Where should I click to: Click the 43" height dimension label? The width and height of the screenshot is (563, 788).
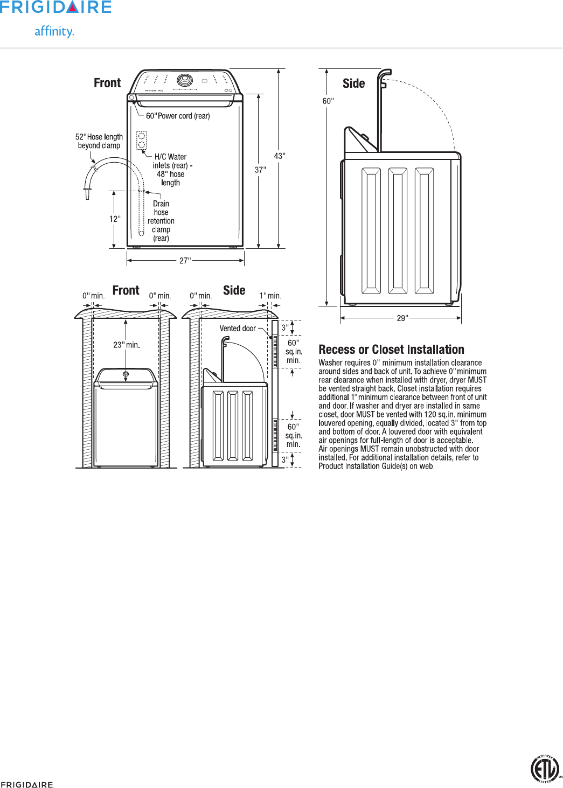pyautogui.click(x=280, y=156)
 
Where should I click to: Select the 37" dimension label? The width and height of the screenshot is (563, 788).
pyautogui.click(x=260, y=170)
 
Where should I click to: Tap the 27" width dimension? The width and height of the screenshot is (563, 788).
pyautogui.click(x=185, y=261)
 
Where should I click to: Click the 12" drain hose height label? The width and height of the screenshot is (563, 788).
pyautogui.click(x=115, y=219)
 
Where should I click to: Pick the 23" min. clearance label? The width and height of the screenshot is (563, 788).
pyautogui.click(x=127, y=345)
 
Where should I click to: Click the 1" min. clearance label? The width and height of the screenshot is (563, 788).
pyautogui.click(x=270, y=296)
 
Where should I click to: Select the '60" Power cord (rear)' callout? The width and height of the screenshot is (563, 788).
pyautogui.click(x=178, y=116)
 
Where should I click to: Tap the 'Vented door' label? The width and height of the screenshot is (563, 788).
pyautogui.click(x=238, y=329)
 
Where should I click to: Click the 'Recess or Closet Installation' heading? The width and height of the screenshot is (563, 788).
pyautogui.click(x=391, y=350)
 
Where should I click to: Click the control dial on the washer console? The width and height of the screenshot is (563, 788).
pyautogui.click(x=185, y=80)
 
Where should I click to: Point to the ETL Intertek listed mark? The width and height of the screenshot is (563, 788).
pyautogui.click(x=545, y=769)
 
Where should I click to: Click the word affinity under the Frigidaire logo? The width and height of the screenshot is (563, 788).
pyautogui.click(x=54, y=31)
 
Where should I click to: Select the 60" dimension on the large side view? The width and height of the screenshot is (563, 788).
pyautogui.click(x=328, y=101)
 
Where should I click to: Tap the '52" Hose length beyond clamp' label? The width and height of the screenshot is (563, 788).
pyautogui.click(x=99, y=141)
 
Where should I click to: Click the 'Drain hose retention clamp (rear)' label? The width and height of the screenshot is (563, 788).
pyautogui.click(x=161, y=221)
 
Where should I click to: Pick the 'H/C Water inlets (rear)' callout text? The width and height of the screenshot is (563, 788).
pyautogui.click(x=171, y=170)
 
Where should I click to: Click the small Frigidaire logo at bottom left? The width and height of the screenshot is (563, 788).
pyautogui.click(x=27, y=784)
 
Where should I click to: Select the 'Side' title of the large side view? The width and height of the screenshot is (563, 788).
pyautogui.click(x=353, y=83)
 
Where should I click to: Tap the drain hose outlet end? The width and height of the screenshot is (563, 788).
pyautogui.click(x=87, y=194)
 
